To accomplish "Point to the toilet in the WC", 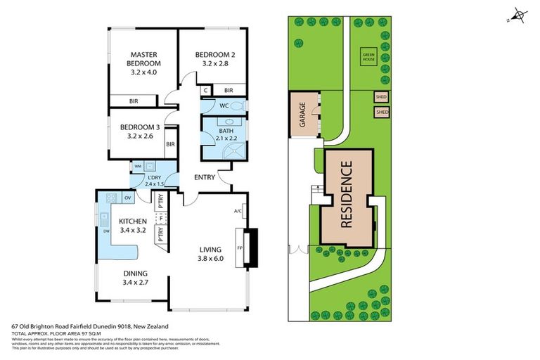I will [x=238, y=106].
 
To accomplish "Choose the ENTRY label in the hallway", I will [x=204, y=177].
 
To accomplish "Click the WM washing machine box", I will [x=138, y=167].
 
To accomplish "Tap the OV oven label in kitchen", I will [x=128, y=198].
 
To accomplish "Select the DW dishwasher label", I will [x=105, y=230].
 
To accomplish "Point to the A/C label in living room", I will [x=237, y=210].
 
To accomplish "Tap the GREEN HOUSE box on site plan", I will [x=368, y=56].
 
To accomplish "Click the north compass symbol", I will [x=519, y=14].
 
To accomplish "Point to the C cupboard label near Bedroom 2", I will [x=205, y=90].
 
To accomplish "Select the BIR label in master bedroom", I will [x=133, y=101].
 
